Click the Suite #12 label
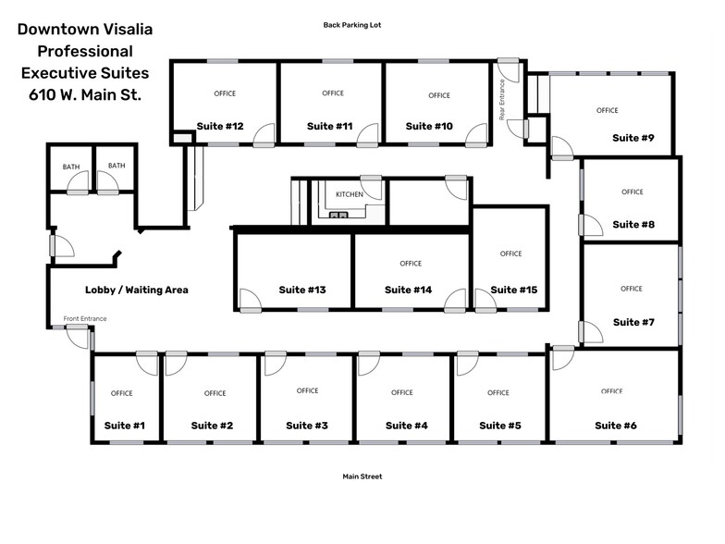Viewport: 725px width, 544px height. (x=220, y=126)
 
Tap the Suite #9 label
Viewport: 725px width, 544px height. (x=633, y=138)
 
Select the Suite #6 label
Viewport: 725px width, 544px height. (x=616, y=426)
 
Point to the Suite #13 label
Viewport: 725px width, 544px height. (x=301, y=291)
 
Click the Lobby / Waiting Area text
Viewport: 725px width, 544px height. (x=137, y=291)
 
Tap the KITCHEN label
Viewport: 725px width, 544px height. (x=350, y=194)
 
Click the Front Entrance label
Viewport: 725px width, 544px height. (x=85, y=318)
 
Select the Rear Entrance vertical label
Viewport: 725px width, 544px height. (x=501, y=100)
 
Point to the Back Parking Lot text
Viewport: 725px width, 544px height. (x=351, y=25)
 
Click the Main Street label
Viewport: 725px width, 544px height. (x=362, y=476)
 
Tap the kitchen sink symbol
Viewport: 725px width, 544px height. (x=338, y=215)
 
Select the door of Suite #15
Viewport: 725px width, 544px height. (x=485, y=300)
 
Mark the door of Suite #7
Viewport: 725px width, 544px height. (x=591, y=332)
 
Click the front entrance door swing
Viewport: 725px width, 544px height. (x=77, y=337)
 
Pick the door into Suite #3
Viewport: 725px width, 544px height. (x=276, y=364)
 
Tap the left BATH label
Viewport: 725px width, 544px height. (x=71, y=167)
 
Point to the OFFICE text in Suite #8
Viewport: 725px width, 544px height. (x=633, y=192)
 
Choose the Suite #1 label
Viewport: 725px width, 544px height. (x=124, y=426)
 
